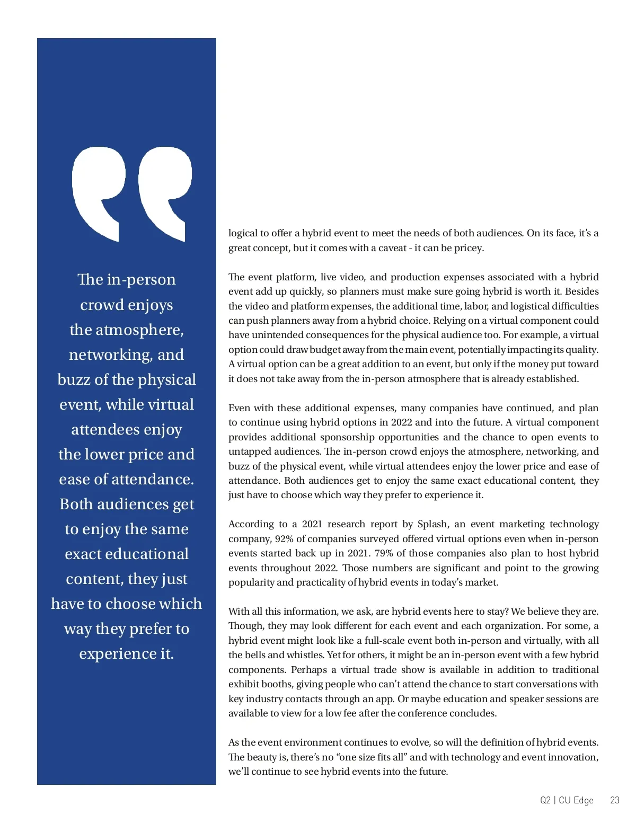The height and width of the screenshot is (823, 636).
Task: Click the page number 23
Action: click(x=614, y=800)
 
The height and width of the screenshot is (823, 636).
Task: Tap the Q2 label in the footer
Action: click(x=545, y=800)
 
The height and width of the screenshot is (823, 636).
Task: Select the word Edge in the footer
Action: click(x=583, y=800)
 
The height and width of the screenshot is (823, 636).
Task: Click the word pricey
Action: click(x=469, y=248)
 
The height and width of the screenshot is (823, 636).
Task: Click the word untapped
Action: click(x=248, y=452)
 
